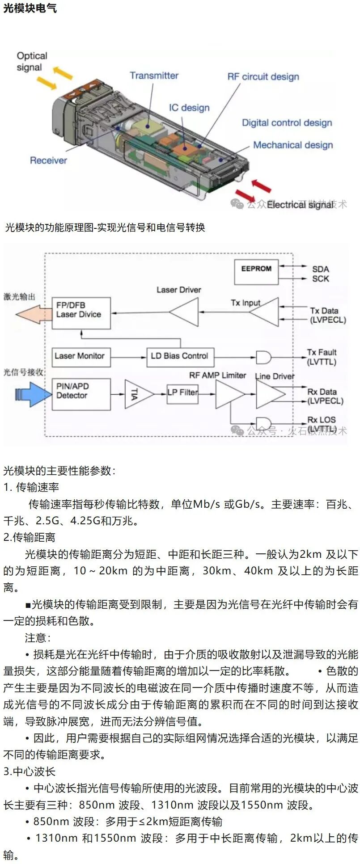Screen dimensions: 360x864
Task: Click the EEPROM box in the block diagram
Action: (x=256, y=272)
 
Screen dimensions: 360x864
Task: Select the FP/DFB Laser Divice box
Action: (x=81, y=313)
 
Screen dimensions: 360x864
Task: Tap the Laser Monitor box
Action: (x=81, y=357)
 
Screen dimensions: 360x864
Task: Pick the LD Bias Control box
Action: (x=180, y=357)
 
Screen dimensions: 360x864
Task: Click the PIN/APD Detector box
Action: (x=81, y=394)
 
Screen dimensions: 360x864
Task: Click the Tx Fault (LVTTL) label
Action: (x=322, y=357)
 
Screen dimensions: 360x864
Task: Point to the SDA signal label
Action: (x=321, y=269)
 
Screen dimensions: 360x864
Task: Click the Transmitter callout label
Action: (x=154, y=76)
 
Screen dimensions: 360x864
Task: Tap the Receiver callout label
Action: (x=48, y=160)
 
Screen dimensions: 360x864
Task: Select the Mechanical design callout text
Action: (x=293, y=145)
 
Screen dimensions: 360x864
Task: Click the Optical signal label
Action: (x=32, y=62)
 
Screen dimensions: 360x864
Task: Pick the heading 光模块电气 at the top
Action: (x=30, y=8)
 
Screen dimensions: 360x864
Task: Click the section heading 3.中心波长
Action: (x=30, y=771)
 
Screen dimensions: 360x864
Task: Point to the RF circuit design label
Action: (x=263, y=76)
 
